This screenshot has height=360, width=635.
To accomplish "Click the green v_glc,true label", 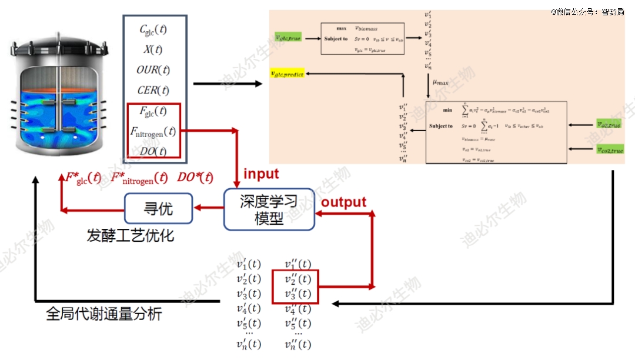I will coord(288,38).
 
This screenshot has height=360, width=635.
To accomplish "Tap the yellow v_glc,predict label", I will coord(286,74).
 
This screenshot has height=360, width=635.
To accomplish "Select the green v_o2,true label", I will coord(607,124).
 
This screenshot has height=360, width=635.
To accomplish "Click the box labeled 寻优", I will coord(159,208).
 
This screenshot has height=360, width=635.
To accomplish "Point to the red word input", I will coord(261,174).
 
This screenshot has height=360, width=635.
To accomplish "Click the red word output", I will coord(343,202).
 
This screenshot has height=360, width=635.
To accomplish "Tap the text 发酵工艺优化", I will coord(130,236).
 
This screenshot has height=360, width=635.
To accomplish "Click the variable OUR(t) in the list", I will coord(153,70).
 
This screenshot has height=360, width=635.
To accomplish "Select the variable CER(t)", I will coord(153,90).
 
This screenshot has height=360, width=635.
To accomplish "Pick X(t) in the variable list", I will coord(153,49).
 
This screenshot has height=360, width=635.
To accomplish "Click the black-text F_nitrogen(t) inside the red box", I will coord(153,131).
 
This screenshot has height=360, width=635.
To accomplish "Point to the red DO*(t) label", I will coord(195,178).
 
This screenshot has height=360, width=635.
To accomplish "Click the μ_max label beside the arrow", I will coord(440,83).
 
